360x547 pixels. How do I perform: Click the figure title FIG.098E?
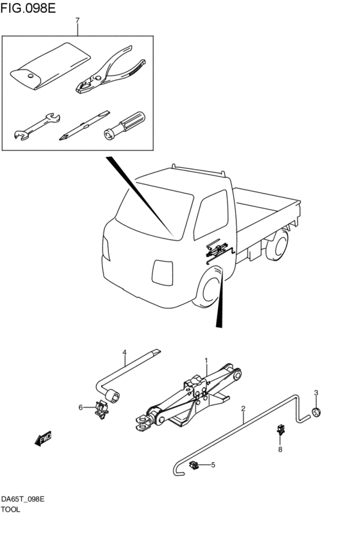[x=28, y=8]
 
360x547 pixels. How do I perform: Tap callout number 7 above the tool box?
[x=77, y=21]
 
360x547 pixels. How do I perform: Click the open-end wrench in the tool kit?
[x=37, y=126]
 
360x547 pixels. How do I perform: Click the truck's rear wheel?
[x=278, y=246]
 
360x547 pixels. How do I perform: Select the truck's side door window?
[x=211, y=214]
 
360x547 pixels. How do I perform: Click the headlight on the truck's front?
[x=163, y=273]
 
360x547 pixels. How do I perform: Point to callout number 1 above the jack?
[x=206, y=360]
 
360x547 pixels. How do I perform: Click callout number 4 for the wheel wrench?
[x=124, y=352]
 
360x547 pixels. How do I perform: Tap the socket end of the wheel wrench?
[x=113, y=397]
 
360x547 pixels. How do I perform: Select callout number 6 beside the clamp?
[x=80, y=407]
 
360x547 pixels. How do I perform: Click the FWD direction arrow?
[x=43, y=438]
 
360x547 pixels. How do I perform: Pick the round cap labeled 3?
[x=316, y=412]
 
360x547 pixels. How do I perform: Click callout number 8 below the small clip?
[x=280, y=450]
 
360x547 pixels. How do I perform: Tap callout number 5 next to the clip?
[x=213, y=465]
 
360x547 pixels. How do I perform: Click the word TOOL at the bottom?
[x=11, y=510]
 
